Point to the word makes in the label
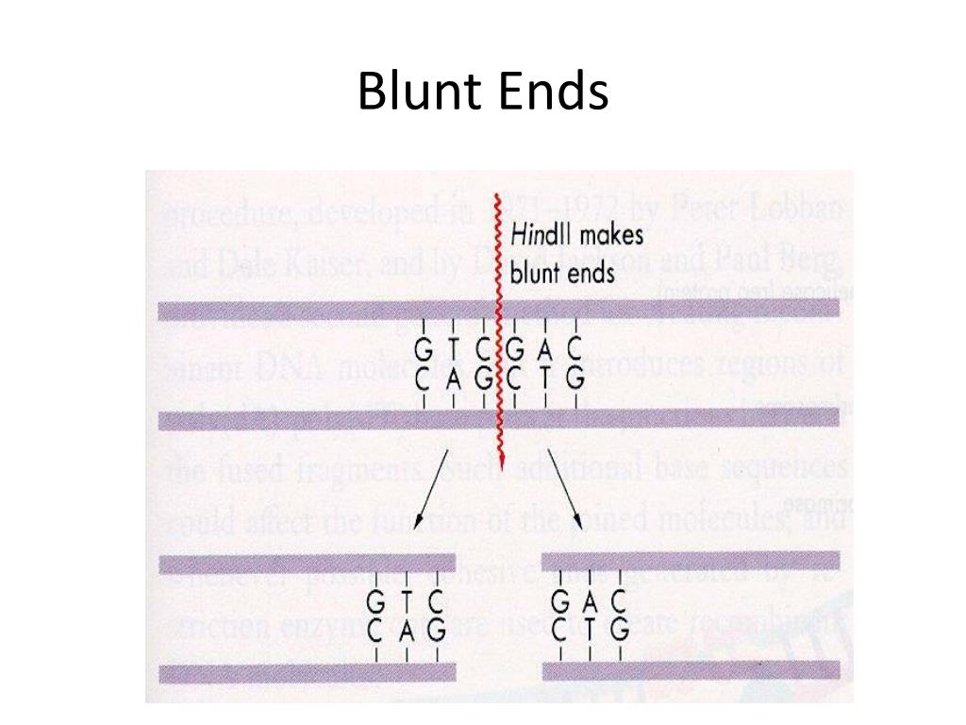pyautogui.click(x=609, y=237)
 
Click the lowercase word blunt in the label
pyautogui.click(x=535, y=272)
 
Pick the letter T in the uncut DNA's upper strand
pyautogui.click(x=454, y=350)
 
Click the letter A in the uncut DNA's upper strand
pyautogui.click(x=543, y=350)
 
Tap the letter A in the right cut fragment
pyautogui.click(x=589, y=600)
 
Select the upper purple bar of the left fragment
pyautogui.click(x=308, y=564)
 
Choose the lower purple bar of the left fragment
pyautogui.click(x=308, y=672)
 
